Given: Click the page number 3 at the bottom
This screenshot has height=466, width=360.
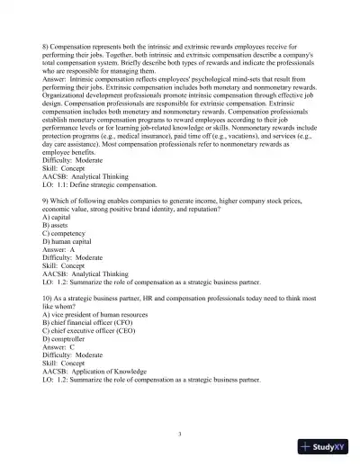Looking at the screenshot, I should pos(180,434).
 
